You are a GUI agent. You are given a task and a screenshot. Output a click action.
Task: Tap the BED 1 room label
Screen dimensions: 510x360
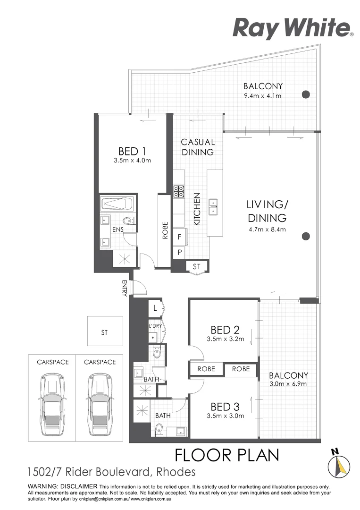(x=132, y=152)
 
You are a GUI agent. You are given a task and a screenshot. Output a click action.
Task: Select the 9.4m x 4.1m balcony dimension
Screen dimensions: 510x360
(x=263, y=96)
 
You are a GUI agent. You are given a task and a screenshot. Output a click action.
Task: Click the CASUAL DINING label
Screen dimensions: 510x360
(x=198, y=147)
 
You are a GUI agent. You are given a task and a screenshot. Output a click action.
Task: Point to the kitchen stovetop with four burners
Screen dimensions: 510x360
(x=179, y=191)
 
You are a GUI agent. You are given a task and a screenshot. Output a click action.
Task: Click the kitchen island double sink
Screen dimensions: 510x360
(x=213, y=206)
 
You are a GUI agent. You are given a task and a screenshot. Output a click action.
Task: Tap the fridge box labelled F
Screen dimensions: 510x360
(x=179, y=238)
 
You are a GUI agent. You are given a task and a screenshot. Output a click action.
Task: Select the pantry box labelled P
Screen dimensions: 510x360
(x=179, y=252)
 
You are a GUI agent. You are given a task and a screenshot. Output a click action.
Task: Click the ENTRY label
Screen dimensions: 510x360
(x=125, y=288)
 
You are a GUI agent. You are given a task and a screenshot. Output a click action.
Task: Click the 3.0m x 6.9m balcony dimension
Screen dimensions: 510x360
(x=288, y=384)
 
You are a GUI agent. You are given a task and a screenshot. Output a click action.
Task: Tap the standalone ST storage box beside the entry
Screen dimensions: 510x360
(x=105, y=332)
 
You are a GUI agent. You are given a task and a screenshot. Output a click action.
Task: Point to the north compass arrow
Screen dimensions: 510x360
(x=339, y=464)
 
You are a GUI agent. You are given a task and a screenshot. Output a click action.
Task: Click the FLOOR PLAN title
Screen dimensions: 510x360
(x=227, y=455)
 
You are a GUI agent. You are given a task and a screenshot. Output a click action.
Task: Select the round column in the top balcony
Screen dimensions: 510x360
(x=306, y=93)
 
